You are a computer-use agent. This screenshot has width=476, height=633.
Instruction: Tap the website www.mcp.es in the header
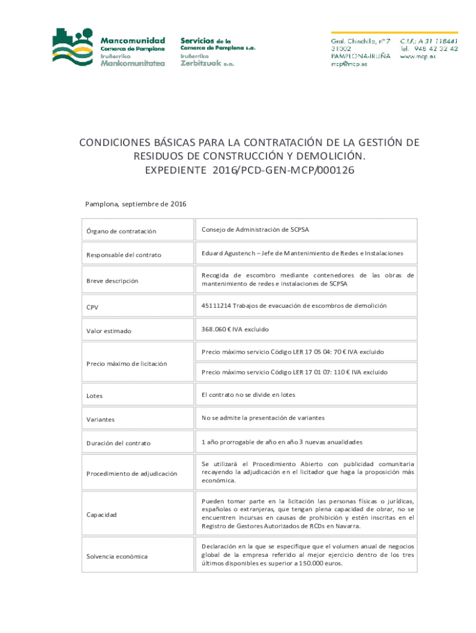tap(418, 56)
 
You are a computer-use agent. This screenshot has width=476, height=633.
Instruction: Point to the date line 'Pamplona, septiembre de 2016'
tap(135, 204)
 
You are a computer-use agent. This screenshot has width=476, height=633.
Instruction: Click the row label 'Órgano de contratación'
tap(121, 231)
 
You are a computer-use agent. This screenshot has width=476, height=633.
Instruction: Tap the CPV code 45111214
tap(216, 305)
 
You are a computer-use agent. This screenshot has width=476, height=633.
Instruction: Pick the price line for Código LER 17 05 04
tap(292, 352)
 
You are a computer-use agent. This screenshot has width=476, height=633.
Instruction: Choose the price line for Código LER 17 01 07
tap(294, 372)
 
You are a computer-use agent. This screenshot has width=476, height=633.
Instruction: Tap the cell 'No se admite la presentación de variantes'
tap(263, 418)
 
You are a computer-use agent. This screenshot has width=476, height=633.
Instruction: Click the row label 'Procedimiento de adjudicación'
tap(132, 474)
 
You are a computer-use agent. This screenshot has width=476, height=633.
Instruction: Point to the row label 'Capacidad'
tap(102, 514)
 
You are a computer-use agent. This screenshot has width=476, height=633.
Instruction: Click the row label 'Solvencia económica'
tap(117, 556)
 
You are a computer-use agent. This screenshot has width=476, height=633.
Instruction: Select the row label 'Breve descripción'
tap(112, 281)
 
